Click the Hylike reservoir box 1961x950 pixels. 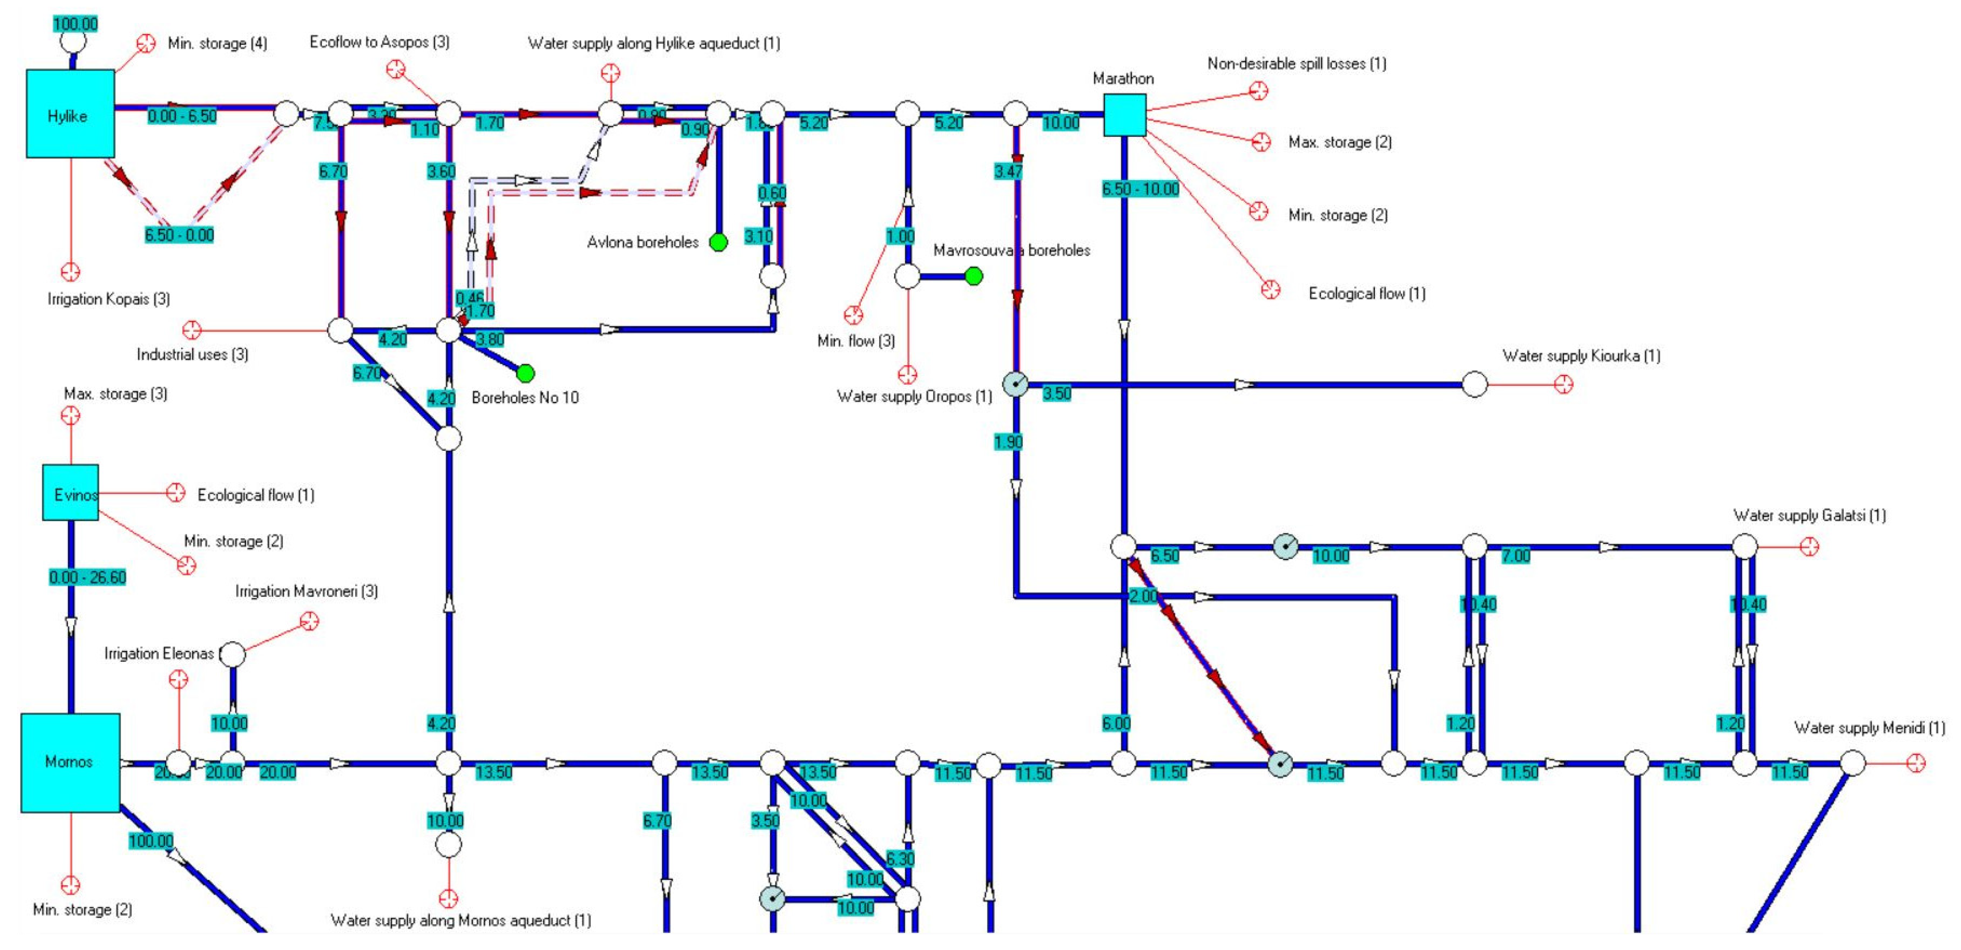point(70,114)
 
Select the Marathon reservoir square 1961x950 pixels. point(1124,115)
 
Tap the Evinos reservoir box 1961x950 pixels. point(71,492)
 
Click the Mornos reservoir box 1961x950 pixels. point(70,762)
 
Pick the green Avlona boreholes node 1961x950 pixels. point(718,242)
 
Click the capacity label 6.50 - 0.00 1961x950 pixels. point(180,235)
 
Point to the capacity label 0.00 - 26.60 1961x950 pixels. point(88,577)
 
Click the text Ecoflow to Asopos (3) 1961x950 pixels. point(379,42)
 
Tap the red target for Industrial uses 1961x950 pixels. point(192,330)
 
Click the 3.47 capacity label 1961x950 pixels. point(1008,171)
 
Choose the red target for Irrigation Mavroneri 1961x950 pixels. point(309,622)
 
